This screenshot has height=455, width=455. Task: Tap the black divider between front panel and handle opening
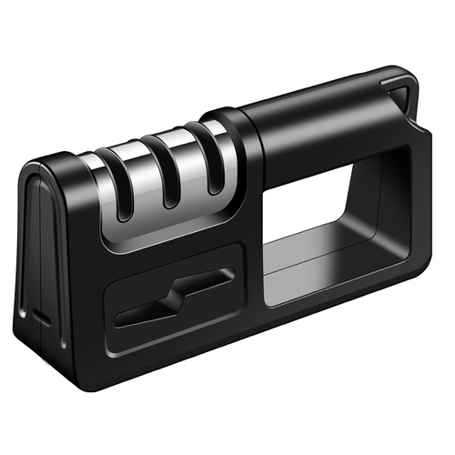click(256, 264)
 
